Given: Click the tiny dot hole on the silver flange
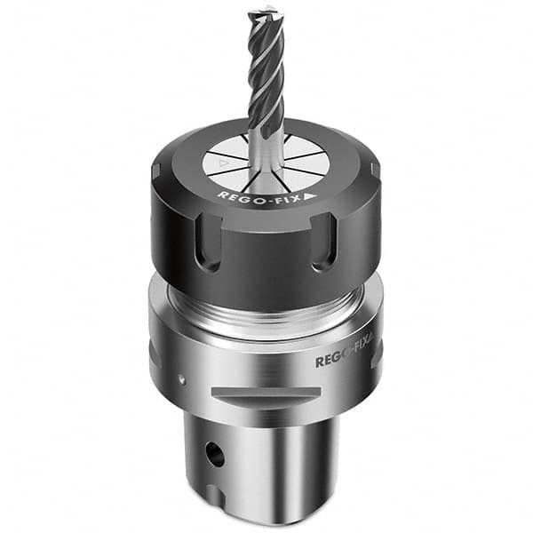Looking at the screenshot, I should click(x=182, y=378).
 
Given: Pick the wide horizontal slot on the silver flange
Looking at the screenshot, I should click(x=266, y=394).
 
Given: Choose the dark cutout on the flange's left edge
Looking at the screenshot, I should click(x=154, y=355).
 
